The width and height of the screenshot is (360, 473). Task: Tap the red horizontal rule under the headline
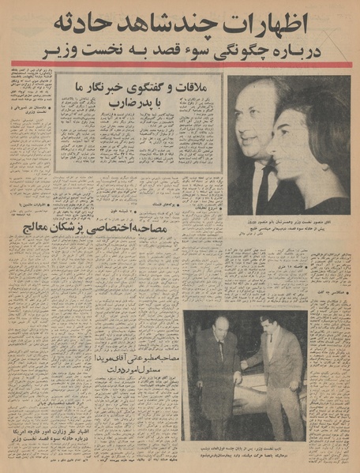coord(180,65)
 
